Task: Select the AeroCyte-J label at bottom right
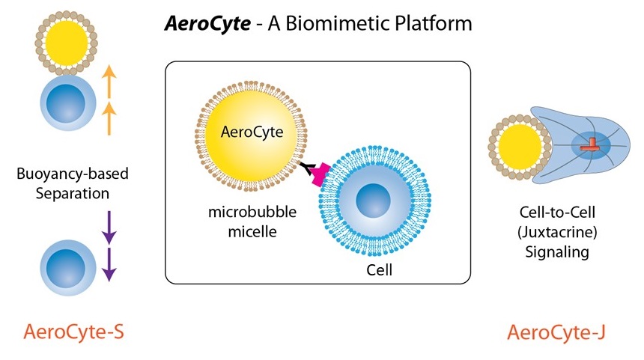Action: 555,331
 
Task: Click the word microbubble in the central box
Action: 252,213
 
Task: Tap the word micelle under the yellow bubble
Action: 252,231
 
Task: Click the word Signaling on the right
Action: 556,251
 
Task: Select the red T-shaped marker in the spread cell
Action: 592,144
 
